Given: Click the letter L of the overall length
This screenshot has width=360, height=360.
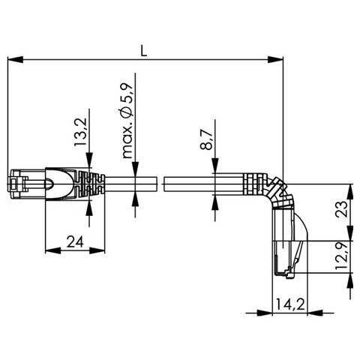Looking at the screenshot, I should [x=144, y=50].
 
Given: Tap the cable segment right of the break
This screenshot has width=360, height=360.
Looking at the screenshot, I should [x=187, y=184].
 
